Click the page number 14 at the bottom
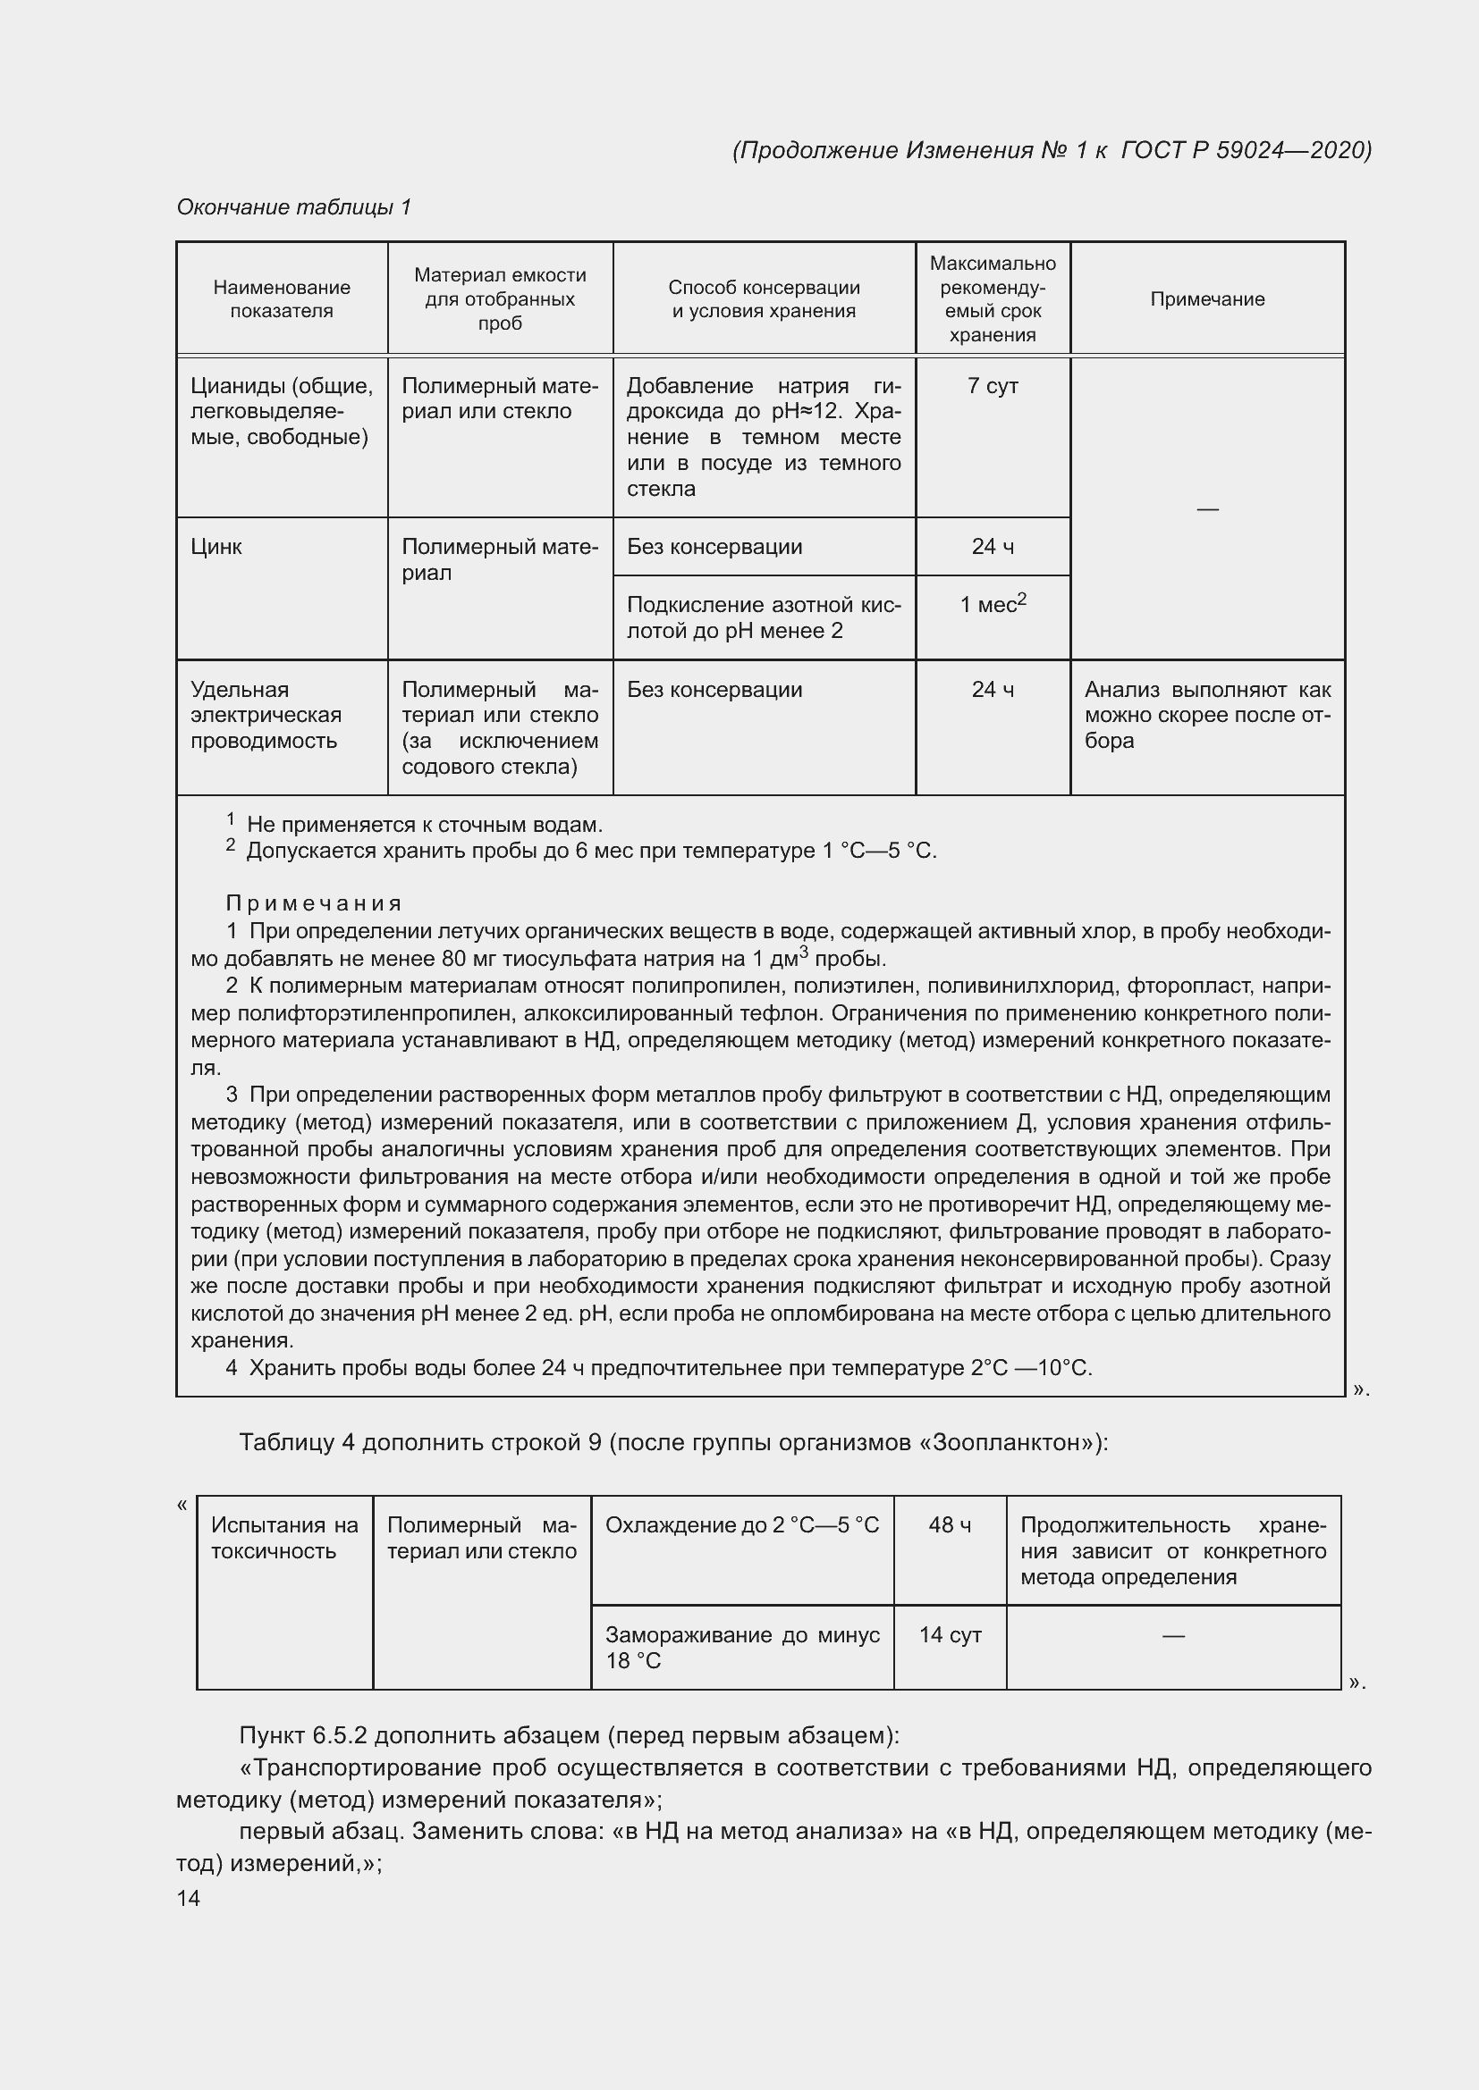(x=189, y=1898)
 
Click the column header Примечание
(x=1206, y=299)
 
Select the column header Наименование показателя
(x=282, y=298)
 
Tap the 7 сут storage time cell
(x=992, y=386)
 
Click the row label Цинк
(x=216, y=547)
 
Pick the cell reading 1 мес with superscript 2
(x=992, y=603)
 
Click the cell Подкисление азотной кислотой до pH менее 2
(x=763, y=618)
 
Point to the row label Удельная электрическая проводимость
(x=265, y=715)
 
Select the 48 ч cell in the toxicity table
(x=949, y=1524)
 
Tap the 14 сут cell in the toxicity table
(x=949, y=1635)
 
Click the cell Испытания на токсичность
(x=284, y=1538)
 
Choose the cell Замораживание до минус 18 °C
(x=741, y=1648)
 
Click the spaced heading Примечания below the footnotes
(x=313, y=903)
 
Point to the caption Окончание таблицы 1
(x=293, y=207)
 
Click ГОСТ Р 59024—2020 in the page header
(x=1245, y=150)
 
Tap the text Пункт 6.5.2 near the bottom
(x=302, y=1735)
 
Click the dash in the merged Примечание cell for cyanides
(x=1206, y=508)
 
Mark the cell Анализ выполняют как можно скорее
(x=1206, y=715)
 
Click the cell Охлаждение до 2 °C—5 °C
(x=741, y=1524)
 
